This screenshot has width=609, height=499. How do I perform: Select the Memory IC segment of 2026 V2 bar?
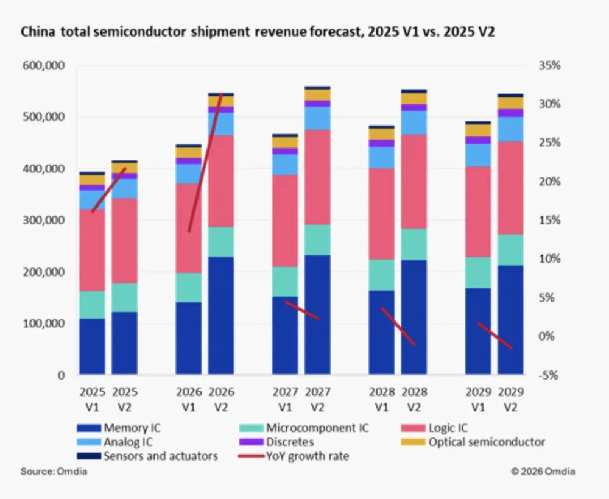[x=221, y=316]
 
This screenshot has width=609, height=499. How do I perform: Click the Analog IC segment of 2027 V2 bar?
[x=318, y=118]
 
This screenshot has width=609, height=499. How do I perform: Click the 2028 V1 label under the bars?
[x=381, y=398]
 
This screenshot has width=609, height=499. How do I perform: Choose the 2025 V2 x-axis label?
[x=124, y=398]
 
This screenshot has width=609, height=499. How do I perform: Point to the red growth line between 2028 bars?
[x=398, y=327]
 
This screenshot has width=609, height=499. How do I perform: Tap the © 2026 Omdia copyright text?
[x=543, y=472]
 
